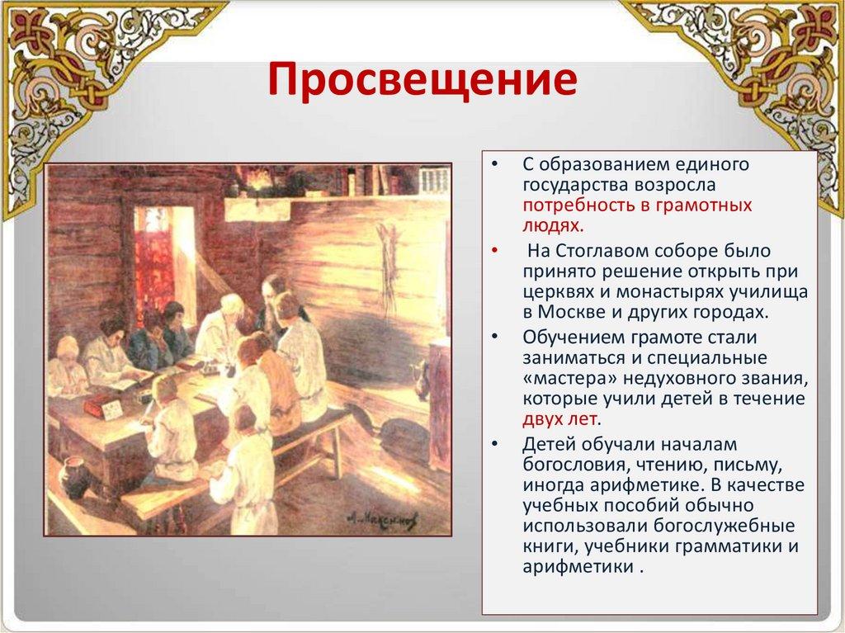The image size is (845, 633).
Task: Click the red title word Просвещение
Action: coord(422,80)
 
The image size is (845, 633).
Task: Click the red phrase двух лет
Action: coord(559,419)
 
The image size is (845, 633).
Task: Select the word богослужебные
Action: coord(725,526)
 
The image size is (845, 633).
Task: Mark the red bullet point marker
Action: coord(495,251)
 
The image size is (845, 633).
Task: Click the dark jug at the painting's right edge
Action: coord(421,378)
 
